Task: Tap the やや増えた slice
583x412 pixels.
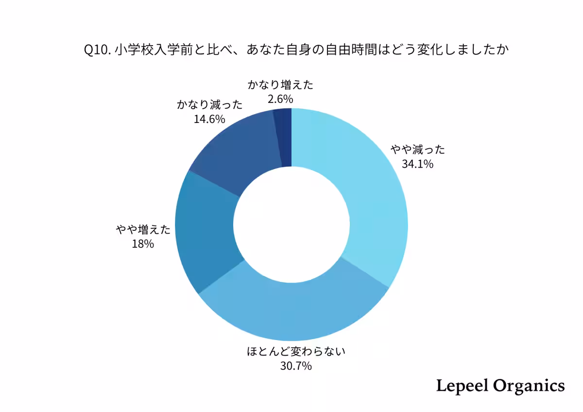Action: click(x=204, y=233)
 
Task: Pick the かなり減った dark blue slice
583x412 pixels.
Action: click(x=233, y=146)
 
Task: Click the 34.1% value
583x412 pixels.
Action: click(x=417, y=164)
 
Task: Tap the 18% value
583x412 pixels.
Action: click(x=143, y=244)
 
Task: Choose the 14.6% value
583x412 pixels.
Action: click(x=209, y=119)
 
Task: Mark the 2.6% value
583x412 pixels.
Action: click(x=280, y=99)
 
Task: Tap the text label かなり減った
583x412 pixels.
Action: click(x=210, y=105)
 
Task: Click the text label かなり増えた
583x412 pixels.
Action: click(x=280, y=85)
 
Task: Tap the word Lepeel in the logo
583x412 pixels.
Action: click(x=462, y=386)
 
